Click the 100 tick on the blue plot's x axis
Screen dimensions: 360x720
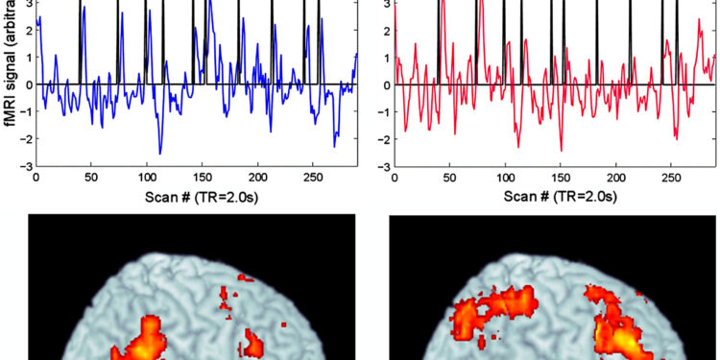click(x=147, y=177)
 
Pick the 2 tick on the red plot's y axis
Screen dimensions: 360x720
click(x=387, y=30)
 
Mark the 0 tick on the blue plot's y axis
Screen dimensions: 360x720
click(x=29, y=84)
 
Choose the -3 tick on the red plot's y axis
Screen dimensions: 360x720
click(x=384, y=166)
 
